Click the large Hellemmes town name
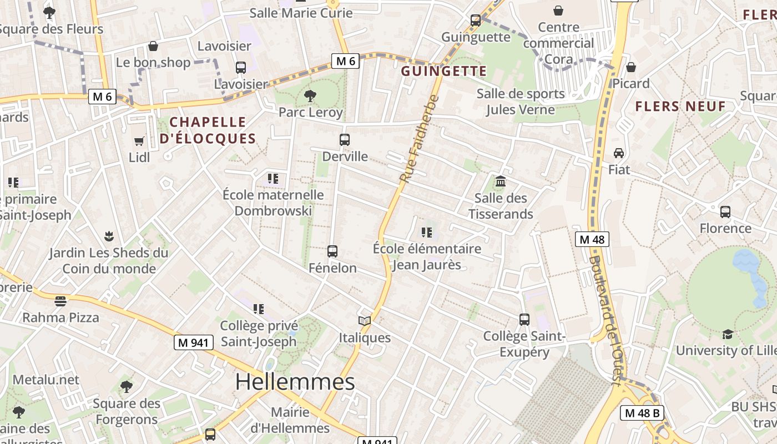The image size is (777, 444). pyautogui.click(x=295, y=382)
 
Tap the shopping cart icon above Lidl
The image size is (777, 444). pyautogui.click(x=139, y=142)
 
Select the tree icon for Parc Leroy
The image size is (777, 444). pyautogui.click(x=310, y=96)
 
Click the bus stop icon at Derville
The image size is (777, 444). pyautogui.click(x=345, y=140)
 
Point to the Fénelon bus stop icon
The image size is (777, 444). pyautogui.click(x=332, y=251)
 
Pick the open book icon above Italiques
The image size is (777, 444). pyautogui.click(x=365, y=321)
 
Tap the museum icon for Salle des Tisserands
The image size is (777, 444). pyautogui.click(x=501, y=181)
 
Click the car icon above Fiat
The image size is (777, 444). pyautogui.click(x=619, y=153)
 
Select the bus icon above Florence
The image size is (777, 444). pyautogui.click(x=725, y=211)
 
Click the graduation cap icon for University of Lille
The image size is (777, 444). pyautogui.click(x=727, y=334)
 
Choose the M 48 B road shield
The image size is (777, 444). pyautogui.click(x=641, y=413)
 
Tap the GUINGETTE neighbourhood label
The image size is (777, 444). pyautogui.click(x=443, y=71)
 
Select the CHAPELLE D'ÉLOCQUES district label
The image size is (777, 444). pyautogui.click(x=208, y=130)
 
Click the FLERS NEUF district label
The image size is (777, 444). pyautogui.click(x=680, y=106)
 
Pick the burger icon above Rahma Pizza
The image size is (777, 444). pyautogui.click(x=60, y=301)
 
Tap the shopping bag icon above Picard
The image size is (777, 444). pyautogui.click(x=630, y=67)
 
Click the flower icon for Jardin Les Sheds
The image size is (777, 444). pyautogui.click(x=109, y=236)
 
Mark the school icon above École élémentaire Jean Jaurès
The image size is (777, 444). pyautogui.click(x=426, y=232)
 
